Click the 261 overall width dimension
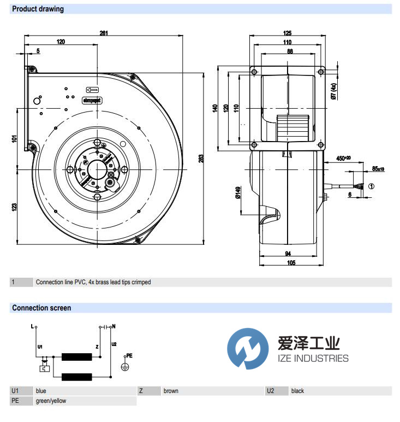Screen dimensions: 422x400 click(104, 33)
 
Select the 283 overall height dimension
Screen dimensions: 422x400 click(201, 159)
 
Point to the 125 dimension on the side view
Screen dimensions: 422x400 click(288, 33)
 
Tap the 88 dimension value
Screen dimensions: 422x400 click(289, 51)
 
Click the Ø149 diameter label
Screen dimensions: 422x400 click(238, 194)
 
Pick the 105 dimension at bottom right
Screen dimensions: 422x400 click(291, 263)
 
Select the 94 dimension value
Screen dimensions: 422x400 click(288, 254)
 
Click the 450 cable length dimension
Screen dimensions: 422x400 click(343, 159)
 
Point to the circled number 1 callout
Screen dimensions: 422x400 click(372, 186)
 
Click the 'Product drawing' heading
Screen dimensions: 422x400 click(38, 9)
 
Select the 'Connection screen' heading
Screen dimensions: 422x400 click(41, 308)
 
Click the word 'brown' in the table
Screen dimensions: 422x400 click(171, 391)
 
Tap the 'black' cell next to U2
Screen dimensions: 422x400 click(297, 391)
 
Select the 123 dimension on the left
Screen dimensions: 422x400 click(15, 206)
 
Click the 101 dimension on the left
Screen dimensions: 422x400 click(15, 139)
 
